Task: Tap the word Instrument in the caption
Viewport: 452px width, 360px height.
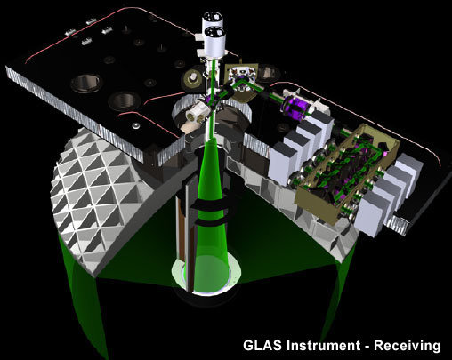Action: coord(323,346)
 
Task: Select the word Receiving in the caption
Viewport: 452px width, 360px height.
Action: coord(407,346)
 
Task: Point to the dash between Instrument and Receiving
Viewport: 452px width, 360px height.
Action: coord(367,347)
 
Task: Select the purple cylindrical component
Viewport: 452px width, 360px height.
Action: coord(294,107)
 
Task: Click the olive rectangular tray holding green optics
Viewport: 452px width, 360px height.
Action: coord(347,175)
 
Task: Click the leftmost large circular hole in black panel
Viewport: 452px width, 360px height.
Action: coord(86,83)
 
